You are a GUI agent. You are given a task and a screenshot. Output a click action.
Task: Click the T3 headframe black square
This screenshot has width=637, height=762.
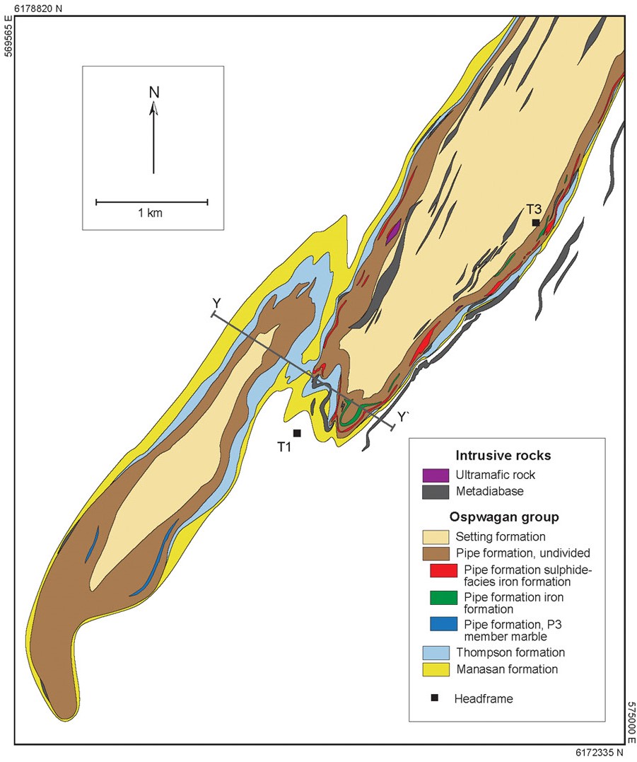tap(537, 223)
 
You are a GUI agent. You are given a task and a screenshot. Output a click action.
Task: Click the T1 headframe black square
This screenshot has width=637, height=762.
tap(297, 433)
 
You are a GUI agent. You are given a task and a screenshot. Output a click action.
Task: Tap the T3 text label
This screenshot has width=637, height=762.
tap(534, 209)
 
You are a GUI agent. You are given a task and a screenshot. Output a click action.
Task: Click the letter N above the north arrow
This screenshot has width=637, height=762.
tap(153, 92)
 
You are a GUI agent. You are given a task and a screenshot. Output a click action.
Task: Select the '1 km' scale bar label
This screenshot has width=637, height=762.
tap(151, 213)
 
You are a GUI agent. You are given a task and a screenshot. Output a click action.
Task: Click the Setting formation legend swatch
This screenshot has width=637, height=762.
tap(435, 537)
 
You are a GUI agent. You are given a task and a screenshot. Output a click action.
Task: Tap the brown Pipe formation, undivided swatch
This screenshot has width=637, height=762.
tap(435, 553)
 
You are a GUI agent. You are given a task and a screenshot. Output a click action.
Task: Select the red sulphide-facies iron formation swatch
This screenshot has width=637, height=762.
tap(443, 570)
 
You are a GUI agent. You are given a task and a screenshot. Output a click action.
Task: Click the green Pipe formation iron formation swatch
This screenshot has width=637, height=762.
tap(443, 598)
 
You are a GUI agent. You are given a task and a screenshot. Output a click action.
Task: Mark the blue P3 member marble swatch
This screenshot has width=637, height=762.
tap(443, 625)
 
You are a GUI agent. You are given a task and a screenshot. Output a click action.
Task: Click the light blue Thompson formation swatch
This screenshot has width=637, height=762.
tap(435, 653)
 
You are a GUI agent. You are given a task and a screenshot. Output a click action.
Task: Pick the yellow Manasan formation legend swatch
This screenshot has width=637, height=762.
tap(435, 669)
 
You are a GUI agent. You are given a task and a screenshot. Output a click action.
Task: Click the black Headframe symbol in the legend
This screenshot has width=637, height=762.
tap(435, 698)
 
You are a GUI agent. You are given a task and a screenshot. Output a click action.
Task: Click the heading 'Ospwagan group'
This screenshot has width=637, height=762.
tap(503, 516)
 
